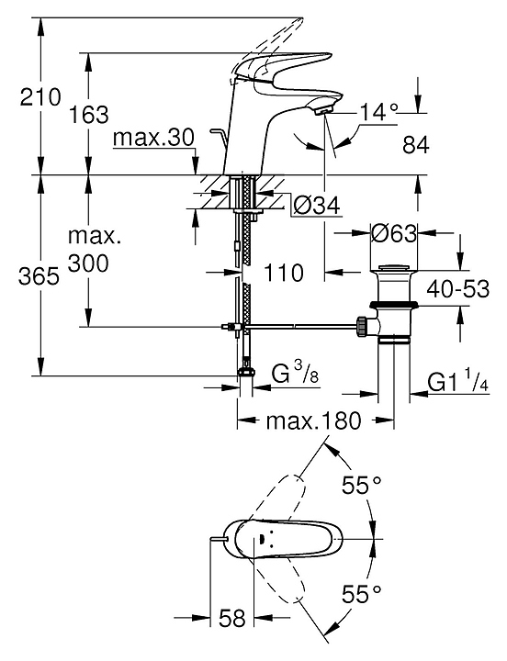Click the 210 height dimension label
41,97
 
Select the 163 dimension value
88,114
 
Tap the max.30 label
153,137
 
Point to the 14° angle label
378,113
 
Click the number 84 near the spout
416,145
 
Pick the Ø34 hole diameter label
317,207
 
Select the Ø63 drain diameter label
393,232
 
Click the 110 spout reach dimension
284,273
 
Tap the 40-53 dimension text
458,289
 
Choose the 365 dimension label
39,277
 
